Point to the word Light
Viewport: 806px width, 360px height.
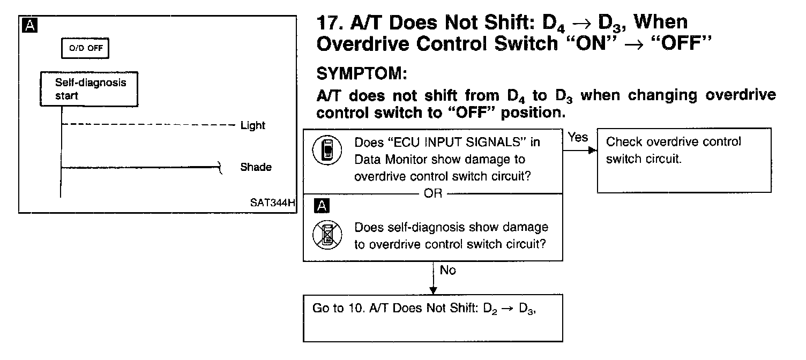click(x=252, y=125)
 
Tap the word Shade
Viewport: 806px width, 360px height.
click(x=255, y=167)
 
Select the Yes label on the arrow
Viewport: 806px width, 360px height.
click(x=578, y=138)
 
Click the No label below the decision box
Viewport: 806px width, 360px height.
click(x=447, y=271)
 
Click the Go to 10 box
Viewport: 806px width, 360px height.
click(x=432, y=318)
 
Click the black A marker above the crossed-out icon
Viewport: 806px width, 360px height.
click(x=323, y=206)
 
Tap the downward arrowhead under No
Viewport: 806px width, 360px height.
click(x=433, y=290)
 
